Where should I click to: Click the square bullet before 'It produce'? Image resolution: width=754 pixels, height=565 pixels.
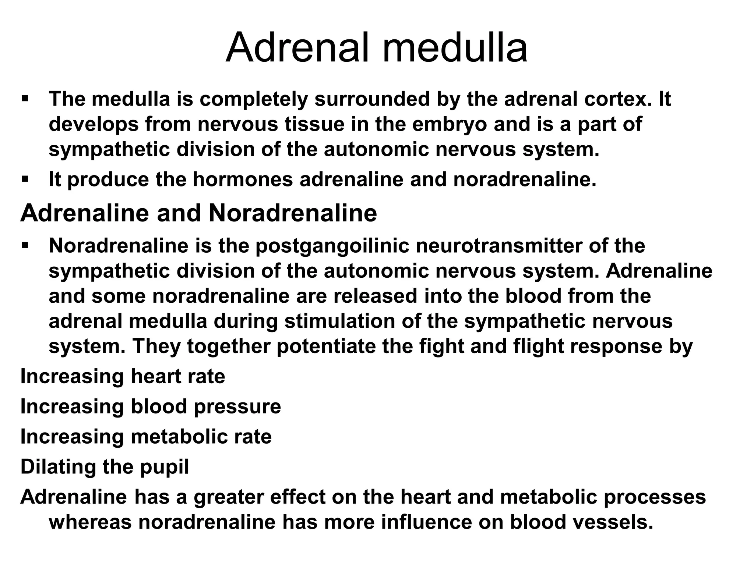[x=25, y=180]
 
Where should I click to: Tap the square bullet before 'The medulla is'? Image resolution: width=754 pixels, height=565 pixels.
[x=25, y=99]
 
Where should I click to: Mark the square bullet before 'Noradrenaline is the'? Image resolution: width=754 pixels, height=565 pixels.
[x=25, y=245]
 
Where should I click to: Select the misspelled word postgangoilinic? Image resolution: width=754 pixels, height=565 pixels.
[x=332, y=246]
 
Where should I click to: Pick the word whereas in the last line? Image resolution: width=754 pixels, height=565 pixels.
[x=90, y=522]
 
